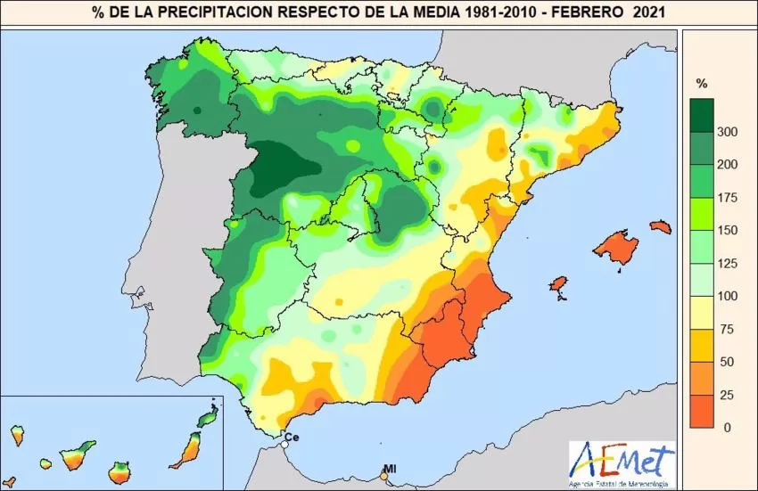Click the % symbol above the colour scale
coord(702,84)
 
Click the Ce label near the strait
coord(292,438)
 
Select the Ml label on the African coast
coord(390,468)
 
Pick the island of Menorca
coord(660,226)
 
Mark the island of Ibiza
coord(558,284)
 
